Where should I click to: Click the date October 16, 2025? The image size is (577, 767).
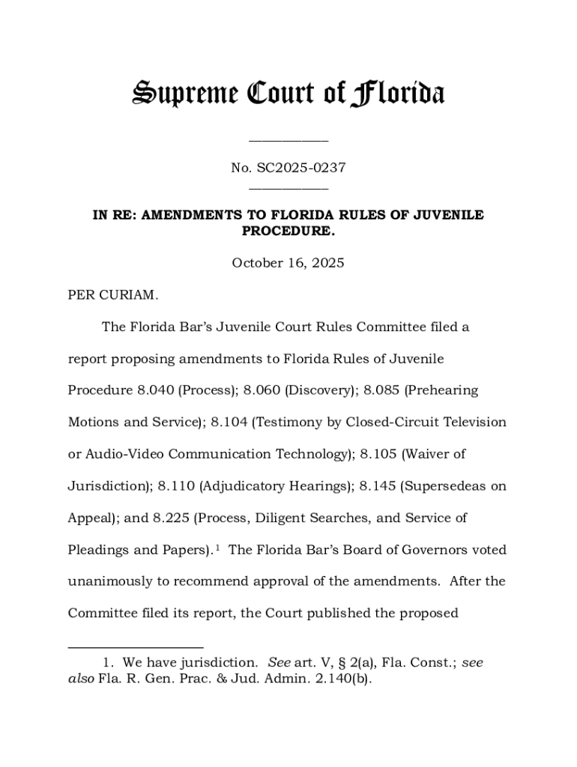click(288, 263)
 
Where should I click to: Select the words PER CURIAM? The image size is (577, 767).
click(113, 295)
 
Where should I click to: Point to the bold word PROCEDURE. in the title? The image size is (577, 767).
click(288, 231)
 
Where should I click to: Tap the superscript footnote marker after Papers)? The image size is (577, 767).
click(217, 547)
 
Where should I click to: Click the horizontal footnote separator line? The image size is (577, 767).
click(136, 646)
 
